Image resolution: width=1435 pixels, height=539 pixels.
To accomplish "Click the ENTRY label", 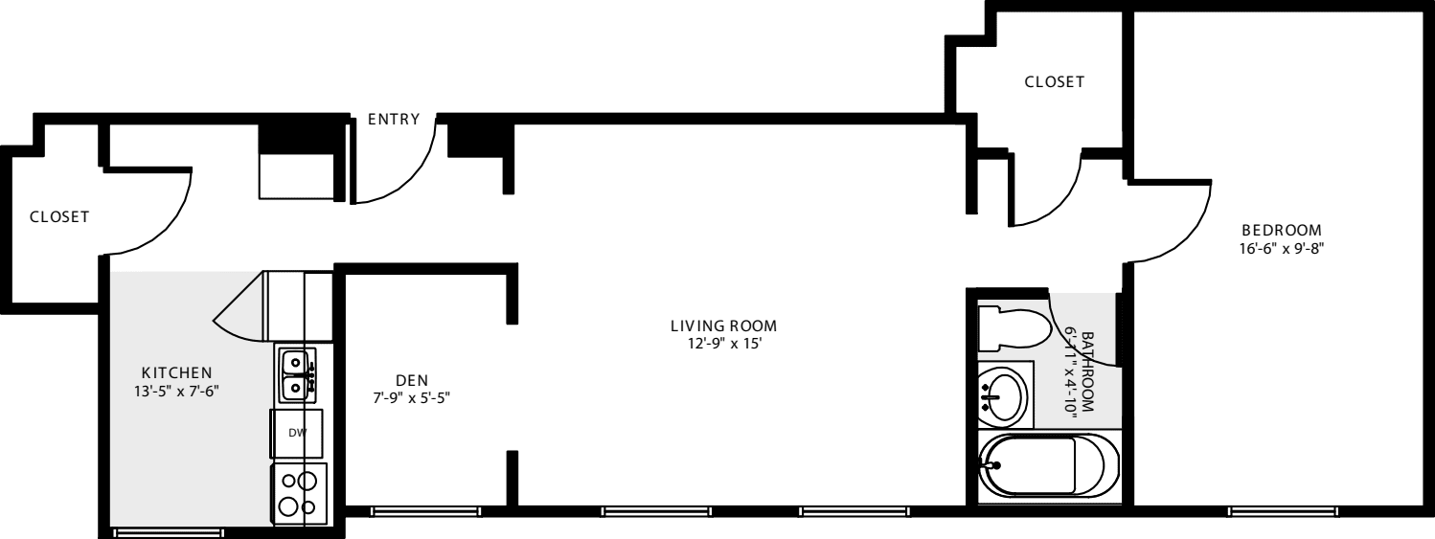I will (394, 120).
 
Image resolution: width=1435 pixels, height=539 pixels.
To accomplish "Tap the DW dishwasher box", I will (297, 433).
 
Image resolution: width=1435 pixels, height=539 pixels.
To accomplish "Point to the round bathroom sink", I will (1005, 393).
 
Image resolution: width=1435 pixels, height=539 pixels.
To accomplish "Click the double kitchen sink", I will (296, 374).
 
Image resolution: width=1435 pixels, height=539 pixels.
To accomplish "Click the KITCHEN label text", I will (176, 372).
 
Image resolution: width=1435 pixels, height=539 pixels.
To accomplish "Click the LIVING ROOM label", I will (723, 326).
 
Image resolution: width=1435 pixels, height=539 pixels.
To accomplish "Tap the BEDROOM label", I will (1281, 230).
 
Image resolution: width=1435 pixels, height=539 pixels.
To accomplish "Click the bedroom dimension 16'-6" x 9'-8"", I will (1281, 247).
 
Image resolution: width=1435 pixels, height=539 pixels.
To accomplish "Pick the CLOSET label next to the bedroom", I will (1055, 82).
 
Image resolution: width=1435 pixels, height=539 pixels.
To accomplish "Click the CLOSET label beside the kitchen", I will (59, 217).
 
